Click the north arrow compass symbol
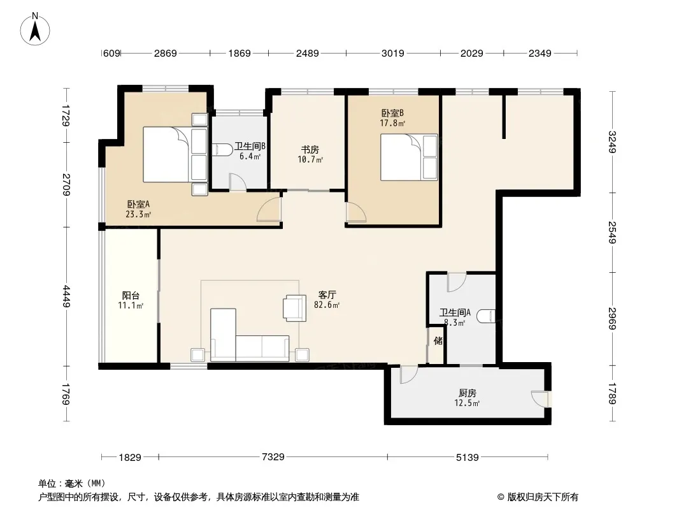click(35, 29)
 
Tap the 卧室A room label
click(138, 204)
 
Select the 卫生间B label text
click(250, 146)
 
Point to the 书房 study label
click(310, 149)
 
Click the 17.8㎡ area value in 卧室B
click(392, 123)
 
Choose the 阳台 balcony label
click(131, 296)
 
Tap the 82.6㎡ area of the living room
click(327, 305)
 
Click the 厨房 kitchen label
click(468, 393)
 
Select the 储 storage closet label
click(438, 340)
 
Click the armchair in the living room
click(295, 308)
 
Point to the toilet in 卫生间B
click(222, 149)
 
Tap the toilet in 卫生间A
click(486, 316)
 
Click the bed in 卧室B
click(409, 157)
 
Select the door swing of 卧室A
click(269, 209)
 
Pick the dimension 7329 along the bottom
click(273, 456)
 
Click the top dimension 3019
click(393, 54)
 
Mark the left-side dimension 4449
click(66, 296)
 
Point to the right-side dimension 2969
click(612, 319)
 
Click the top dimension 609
click(111, 54)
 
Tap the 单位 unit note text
click(47, 483)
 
